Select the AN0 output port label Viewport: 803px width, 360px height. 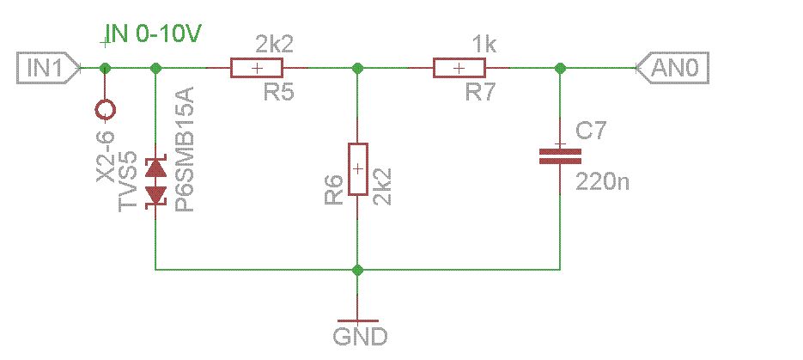[x=672, y=67]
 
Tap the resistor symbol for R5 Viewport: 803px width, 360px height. [x=256, y=68]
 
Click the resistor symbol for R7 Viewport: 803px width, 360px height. [x=459, y=68]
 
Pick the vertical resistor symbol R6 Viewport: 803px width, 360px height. [x=358, y=169]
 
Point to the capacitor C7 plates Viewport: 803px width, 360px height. [x=560, y=156]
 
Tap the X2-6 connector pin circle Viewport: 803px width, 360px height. [x=106, y=110]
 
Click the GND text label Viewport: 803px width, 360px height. [x=360, y=337]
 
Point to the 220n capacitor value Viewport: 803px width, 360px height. [x=602, y=182]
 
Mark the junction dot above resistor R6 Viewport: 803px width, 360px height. [x=358, y=68]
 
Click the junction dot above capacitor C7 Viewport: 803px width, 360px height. [x=560, y=68]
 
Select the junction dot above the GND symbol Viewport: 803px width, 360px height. [x=358, y=270]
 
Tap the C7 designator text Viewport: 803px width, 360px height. [x=590, y=131]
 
